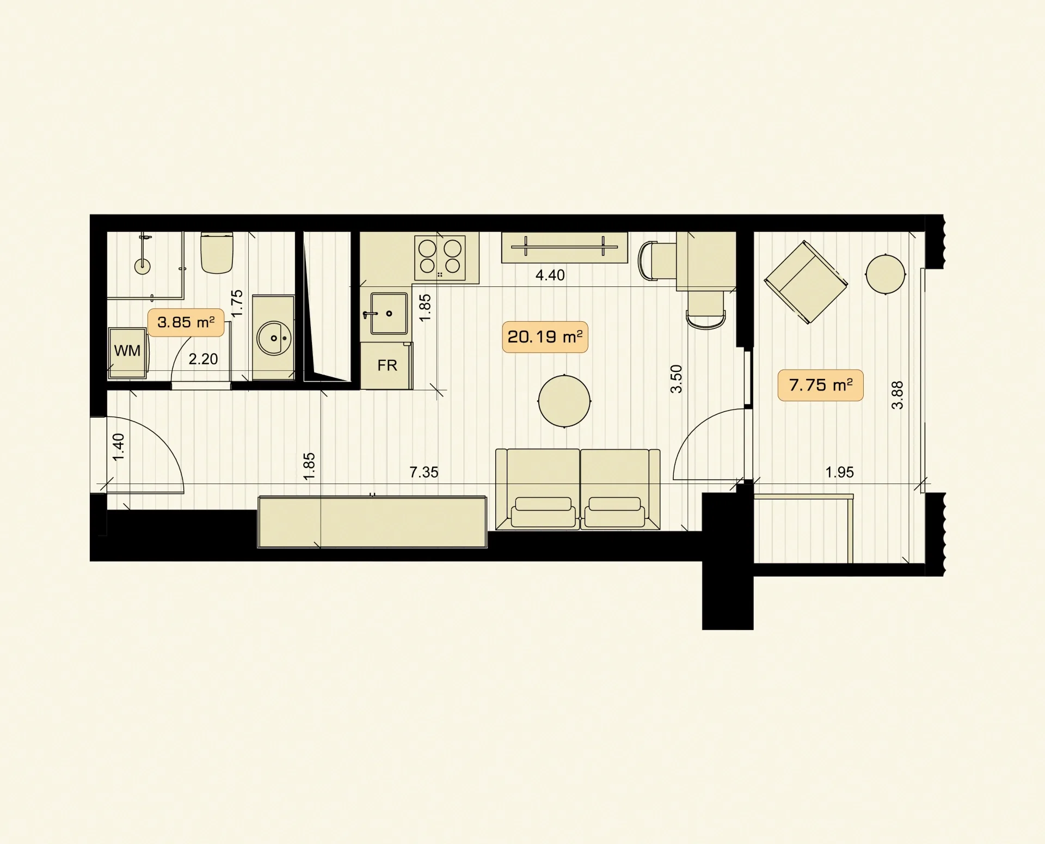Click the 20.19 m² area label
tap(545, 337)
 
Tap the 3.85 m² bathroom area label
tap(186, 322)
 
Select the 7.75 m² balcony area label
tap(820, 385)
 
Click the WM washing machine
tap(127, 352)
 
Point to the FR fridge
tap(386, 365)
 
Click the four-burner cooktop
tap(440, 258)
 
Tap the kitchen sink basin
tap(389, 313)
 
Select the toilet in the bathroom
tap(217, 253)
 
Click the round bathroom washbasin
tap(274, 338)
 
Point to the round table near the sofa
tap(564, 401)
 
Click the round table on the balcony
tap(886, 274)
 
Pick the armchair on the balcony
tap(806, 283)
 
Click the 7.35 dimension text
tap(423, 472)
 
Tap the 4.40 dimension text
tap(550, 275)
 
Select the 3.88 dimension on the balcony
tap(897, 395)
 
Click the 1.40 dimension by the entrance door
tap(118, 447)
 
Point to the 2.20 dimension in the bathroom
tap(203, 359)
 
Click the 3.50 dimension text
tap(676, 379)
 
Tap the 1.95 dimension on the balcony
tap(839, 472)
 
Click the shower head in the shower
tap(143, 266)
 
